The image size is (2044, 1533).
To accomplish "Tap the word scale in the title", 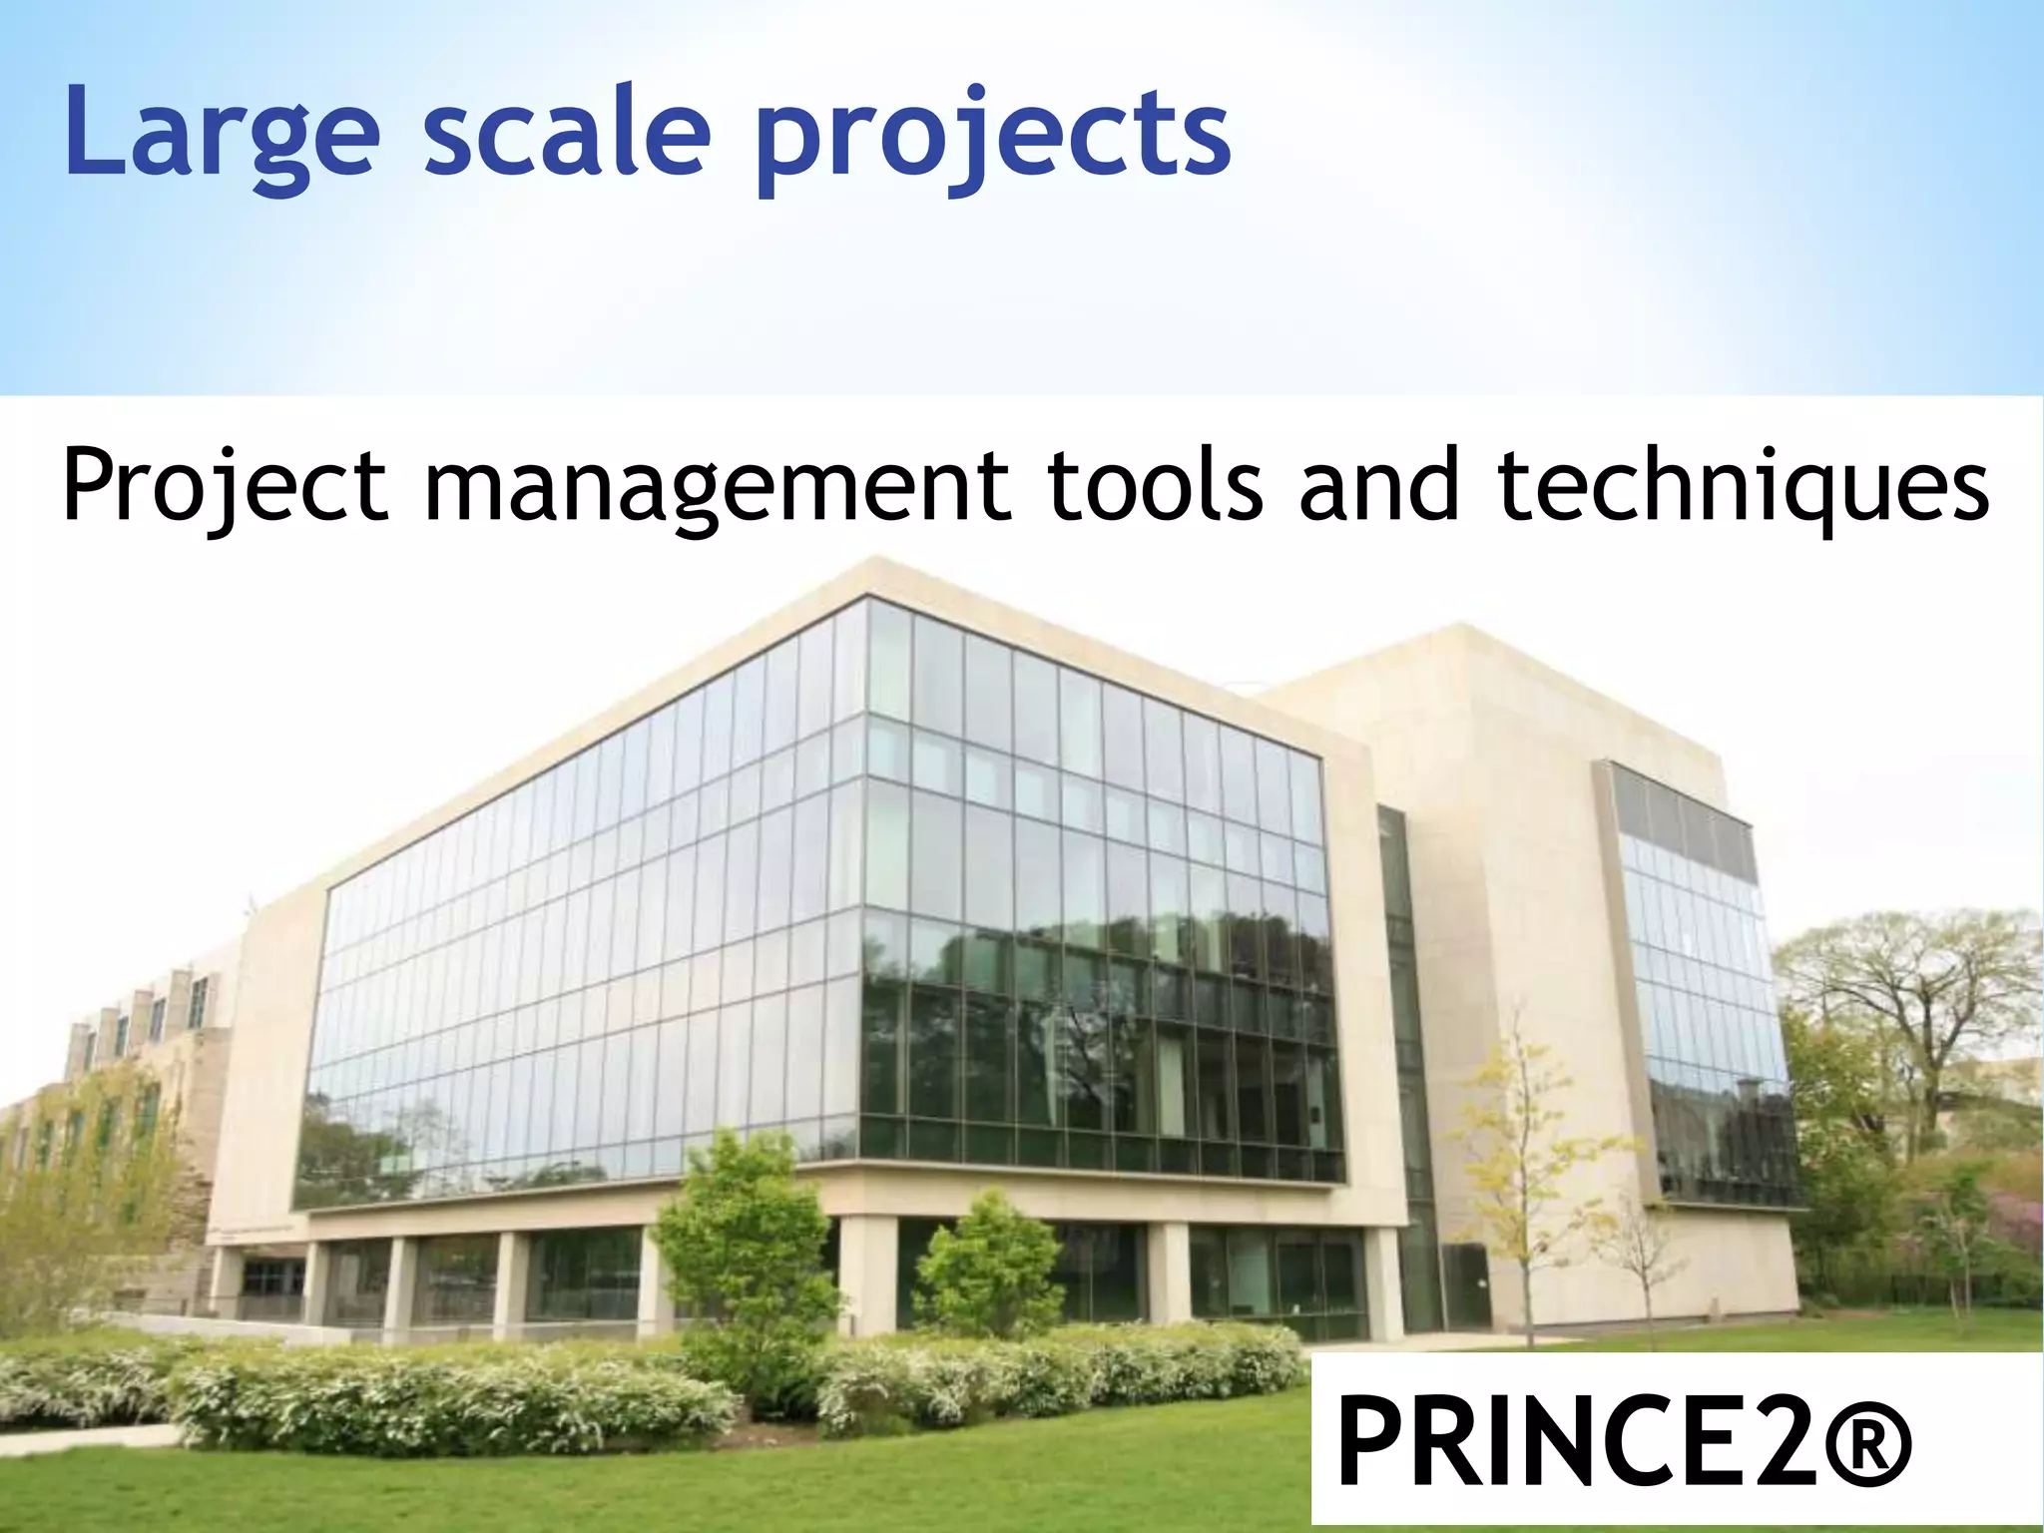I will (566, 133).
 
